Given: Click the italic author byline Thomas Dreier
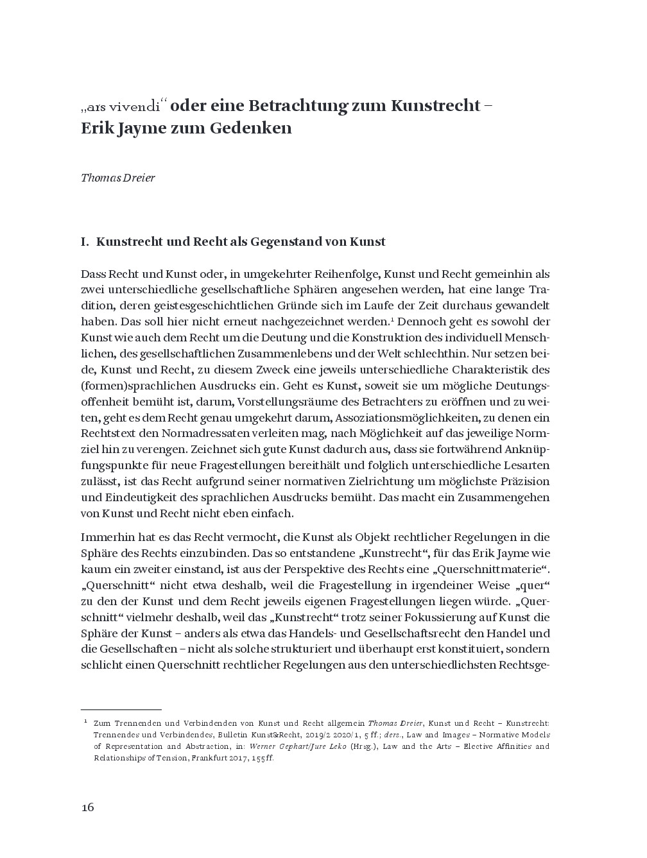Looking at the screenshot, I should (117, 177).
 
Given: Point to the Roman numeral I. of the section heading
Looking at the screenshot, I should (84, 242).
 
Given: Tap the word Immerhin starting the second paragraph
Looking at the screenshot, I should (105, 537).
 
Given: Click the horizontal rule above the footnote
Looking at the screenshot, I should (121, 710).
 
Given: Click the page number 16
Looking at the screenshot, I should (87, 807).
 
